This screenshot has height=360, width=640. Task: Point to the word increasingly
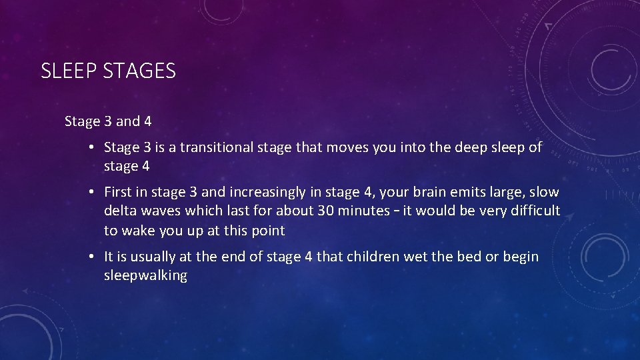click(266, 193)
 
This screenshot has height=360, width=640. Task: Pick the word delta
click(121, 211)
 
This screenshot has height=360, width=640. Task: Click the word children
click(371, 257)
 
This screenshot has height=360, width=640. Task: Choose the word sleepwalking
click(145, 275)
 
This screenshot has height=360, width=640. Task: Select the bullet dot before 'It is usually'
click(91, 257)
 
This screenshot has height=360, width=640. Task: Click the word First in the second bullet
click(118, 193)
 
